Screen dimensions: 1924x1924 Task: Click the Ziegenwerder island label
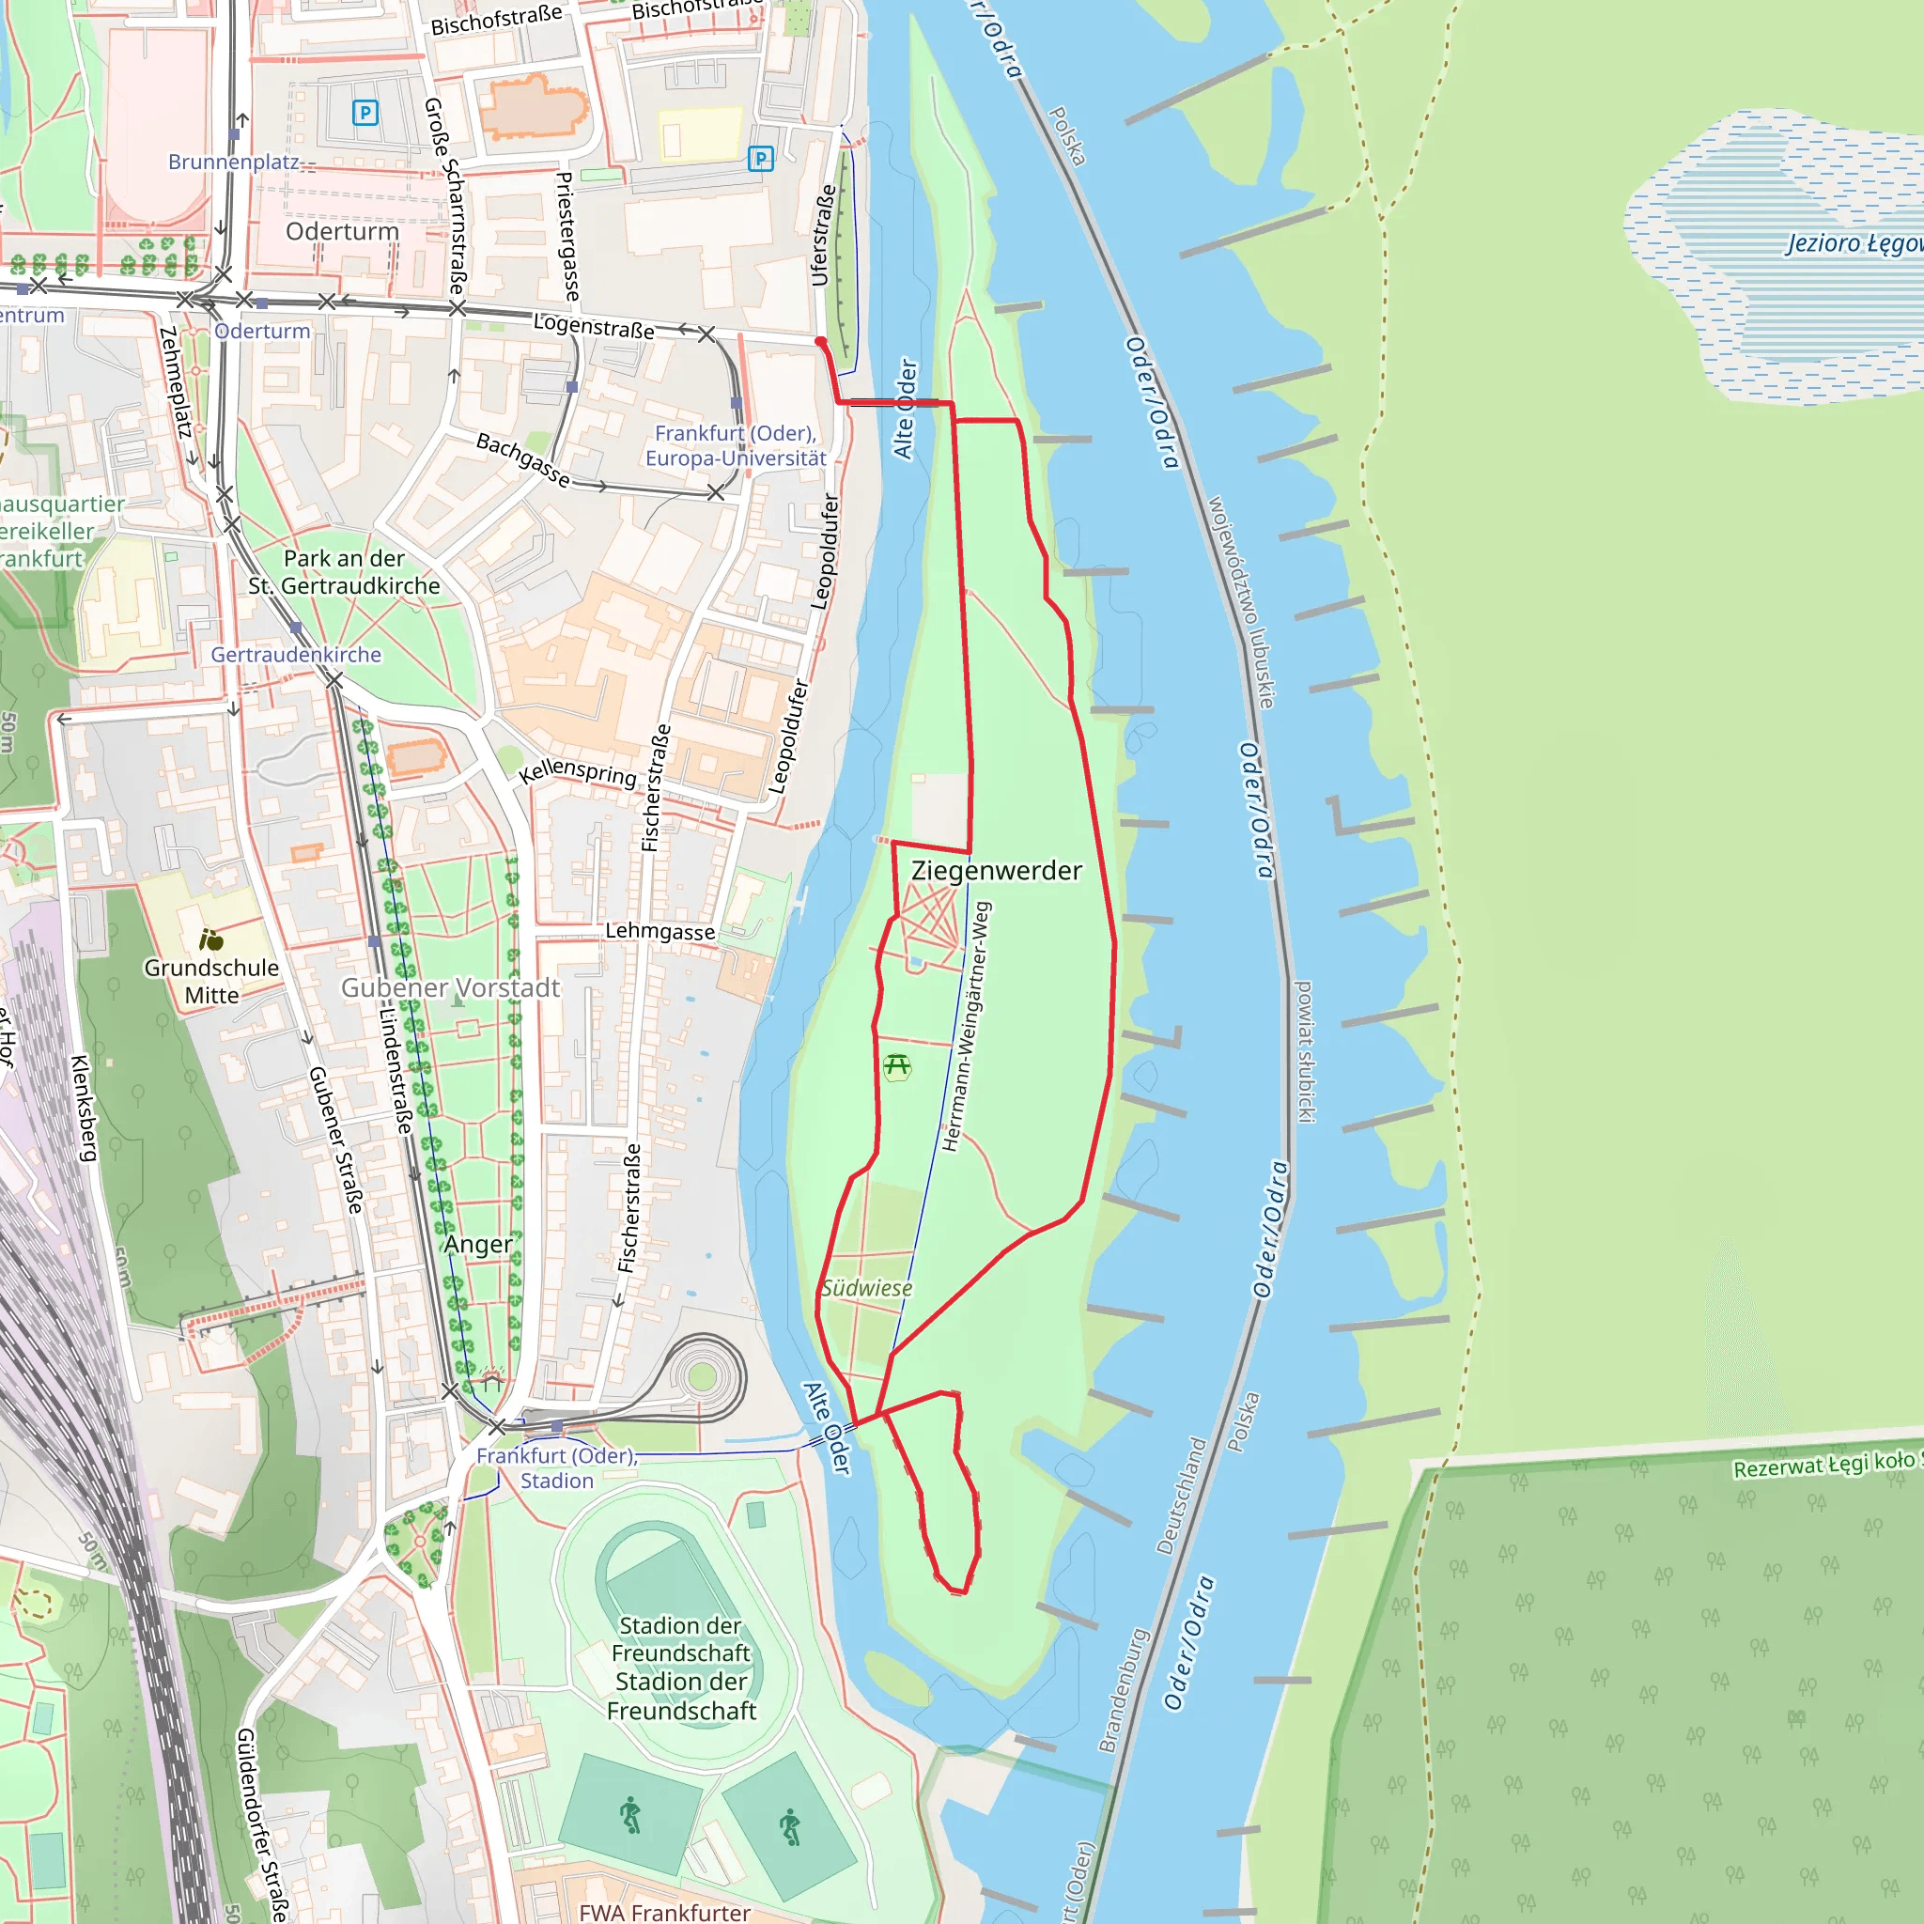tap(996, 870)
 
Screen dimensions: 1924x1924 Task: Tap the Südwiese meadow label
tap(866, 1288)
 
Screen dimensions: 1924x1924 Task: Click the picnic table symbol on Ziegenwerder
tap(897, 1066)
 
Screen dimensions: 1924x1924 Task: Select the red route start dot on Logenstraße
tap(820, 342)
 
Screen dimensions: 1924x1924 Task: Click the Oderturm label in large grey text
tap(342, 231)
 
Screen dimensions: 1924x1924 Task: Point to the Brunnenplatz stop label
tap(233, 162)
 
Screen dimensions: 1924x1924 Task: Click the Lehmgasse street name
tap(660, 931)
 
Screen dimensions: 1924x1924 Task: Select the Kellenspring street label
tap(578, 772)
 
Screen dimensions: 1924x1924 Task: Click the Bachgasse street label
tap(523, 460)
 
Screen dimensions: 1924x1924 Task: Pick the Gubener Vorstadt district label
tap(450, 987)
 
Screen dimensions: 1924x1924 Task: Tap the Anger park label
tap(478, 1244)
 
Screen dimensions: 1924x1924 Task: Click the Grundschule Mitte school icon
tap(211, 939)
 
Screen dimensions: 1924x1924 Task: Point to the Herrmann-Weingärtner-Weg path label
tap(966, 1026)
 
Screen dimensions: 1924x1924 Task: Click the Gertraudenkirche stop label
tap(296, 654)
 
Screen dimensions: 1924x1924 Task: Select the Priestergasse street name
tap(566, 236)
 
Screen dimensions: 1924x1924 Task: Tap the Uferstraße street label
tap(823, 235)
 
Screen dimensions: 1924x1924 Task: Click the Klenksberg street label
tap(85, 1108)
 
